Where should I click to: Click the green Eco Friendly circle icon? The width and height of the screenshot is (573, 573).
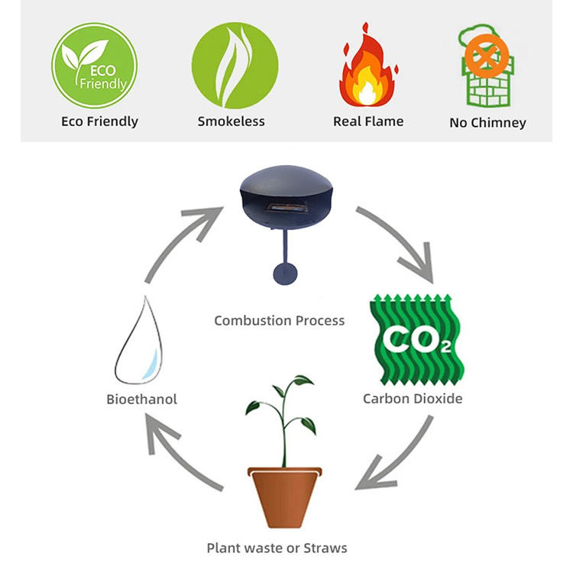pos(94,66)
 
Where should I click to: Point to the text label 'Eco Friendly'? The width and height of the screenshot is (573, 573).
pos(100,121)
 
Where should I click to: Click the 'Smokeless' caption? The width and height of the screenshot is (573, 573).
pos(231,121)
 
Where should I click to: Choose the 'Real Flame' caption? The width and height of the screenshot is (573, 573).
pos(368,121)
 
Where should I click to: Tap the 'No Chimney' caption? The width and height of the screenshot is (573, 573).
pos(487,122)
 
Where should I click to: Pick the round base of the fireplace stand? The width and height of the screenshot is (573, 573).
pos(286,272)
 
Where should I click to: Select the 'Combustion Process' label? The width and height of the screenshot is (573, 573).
pos(280,320)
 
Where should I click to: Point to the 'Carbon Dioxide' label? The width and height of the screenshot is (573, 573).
pos(413,398)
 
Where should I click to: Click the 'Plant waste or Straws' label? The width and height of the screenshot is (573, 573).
pos(277,548)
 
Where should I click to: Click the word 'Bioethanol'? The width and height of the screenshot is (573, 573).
pos(142,399)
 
